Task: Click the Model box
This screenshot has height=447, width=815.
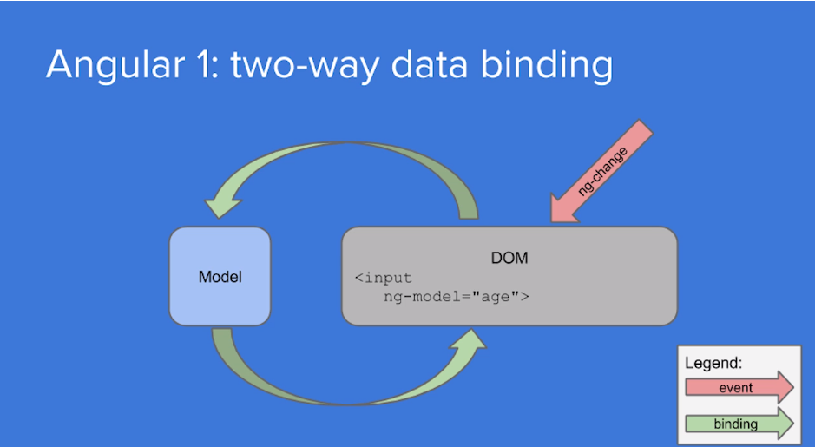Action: click(220, 276)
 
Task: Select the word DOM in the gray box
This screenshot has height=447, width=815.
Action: click(509, 258)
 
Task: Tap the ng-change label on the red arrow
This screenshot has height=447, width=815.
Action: click(601, 172)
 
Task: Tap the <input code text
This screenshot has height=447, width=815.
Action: click(383, 278)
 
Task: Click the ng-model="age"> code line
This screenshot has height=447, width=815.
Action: click(457, 297)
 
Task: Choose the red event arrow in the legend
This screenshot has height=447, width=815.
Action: click(739, 388)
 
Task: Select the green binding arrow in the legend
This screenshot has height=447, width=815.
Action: click(739, 424)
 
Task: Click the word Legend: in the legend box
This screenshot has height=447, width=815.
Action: click(713, 364)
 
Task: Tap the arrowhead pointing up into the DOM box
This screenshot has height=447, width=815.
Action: click(469, 341)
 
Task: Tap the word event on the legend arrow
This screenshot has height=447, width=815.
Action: click(735, 388)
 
